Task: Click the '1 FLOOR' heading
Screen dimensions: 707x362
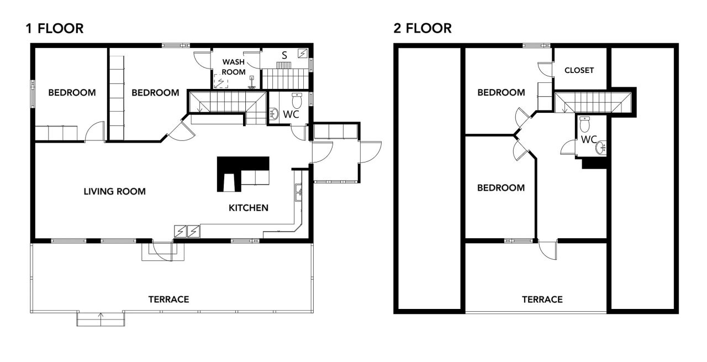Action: point(55,28)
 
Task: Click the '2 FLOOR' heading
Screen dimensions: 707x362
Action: point(423,28)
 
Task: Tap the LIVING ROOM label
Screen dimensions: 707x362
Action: point(114,191)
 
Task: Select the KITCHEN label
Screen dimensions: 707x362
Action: point(249,208)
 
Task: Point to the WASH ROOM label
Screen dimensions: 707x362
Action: point(234,67)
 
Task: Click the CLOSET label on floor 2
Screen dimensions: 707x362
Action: point(579,70)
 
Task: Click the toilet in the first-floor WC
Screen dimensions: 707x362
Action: point(297,101)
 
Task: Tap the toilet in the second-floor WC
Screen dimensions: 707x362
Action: point(584,124)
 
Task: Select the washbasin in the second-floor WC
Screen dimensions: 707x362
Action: point(601,148)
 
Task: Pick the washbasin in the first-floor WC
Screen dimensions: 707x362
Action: point(274,114)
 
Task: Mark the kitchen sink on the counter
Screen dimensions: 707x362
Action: point(299,192)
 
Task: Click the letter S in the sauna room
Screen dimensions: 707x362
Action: point(284,56)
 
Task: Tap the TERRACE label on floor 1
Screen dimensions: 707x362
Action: point(169,300)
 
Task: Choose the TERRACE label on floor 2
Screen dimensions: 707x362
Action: point(542,300)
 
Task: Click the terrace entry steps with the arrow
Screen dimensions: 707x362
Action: point(101,319)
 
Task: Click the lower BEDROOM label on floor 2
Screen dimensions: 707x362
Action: point(501,188)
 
